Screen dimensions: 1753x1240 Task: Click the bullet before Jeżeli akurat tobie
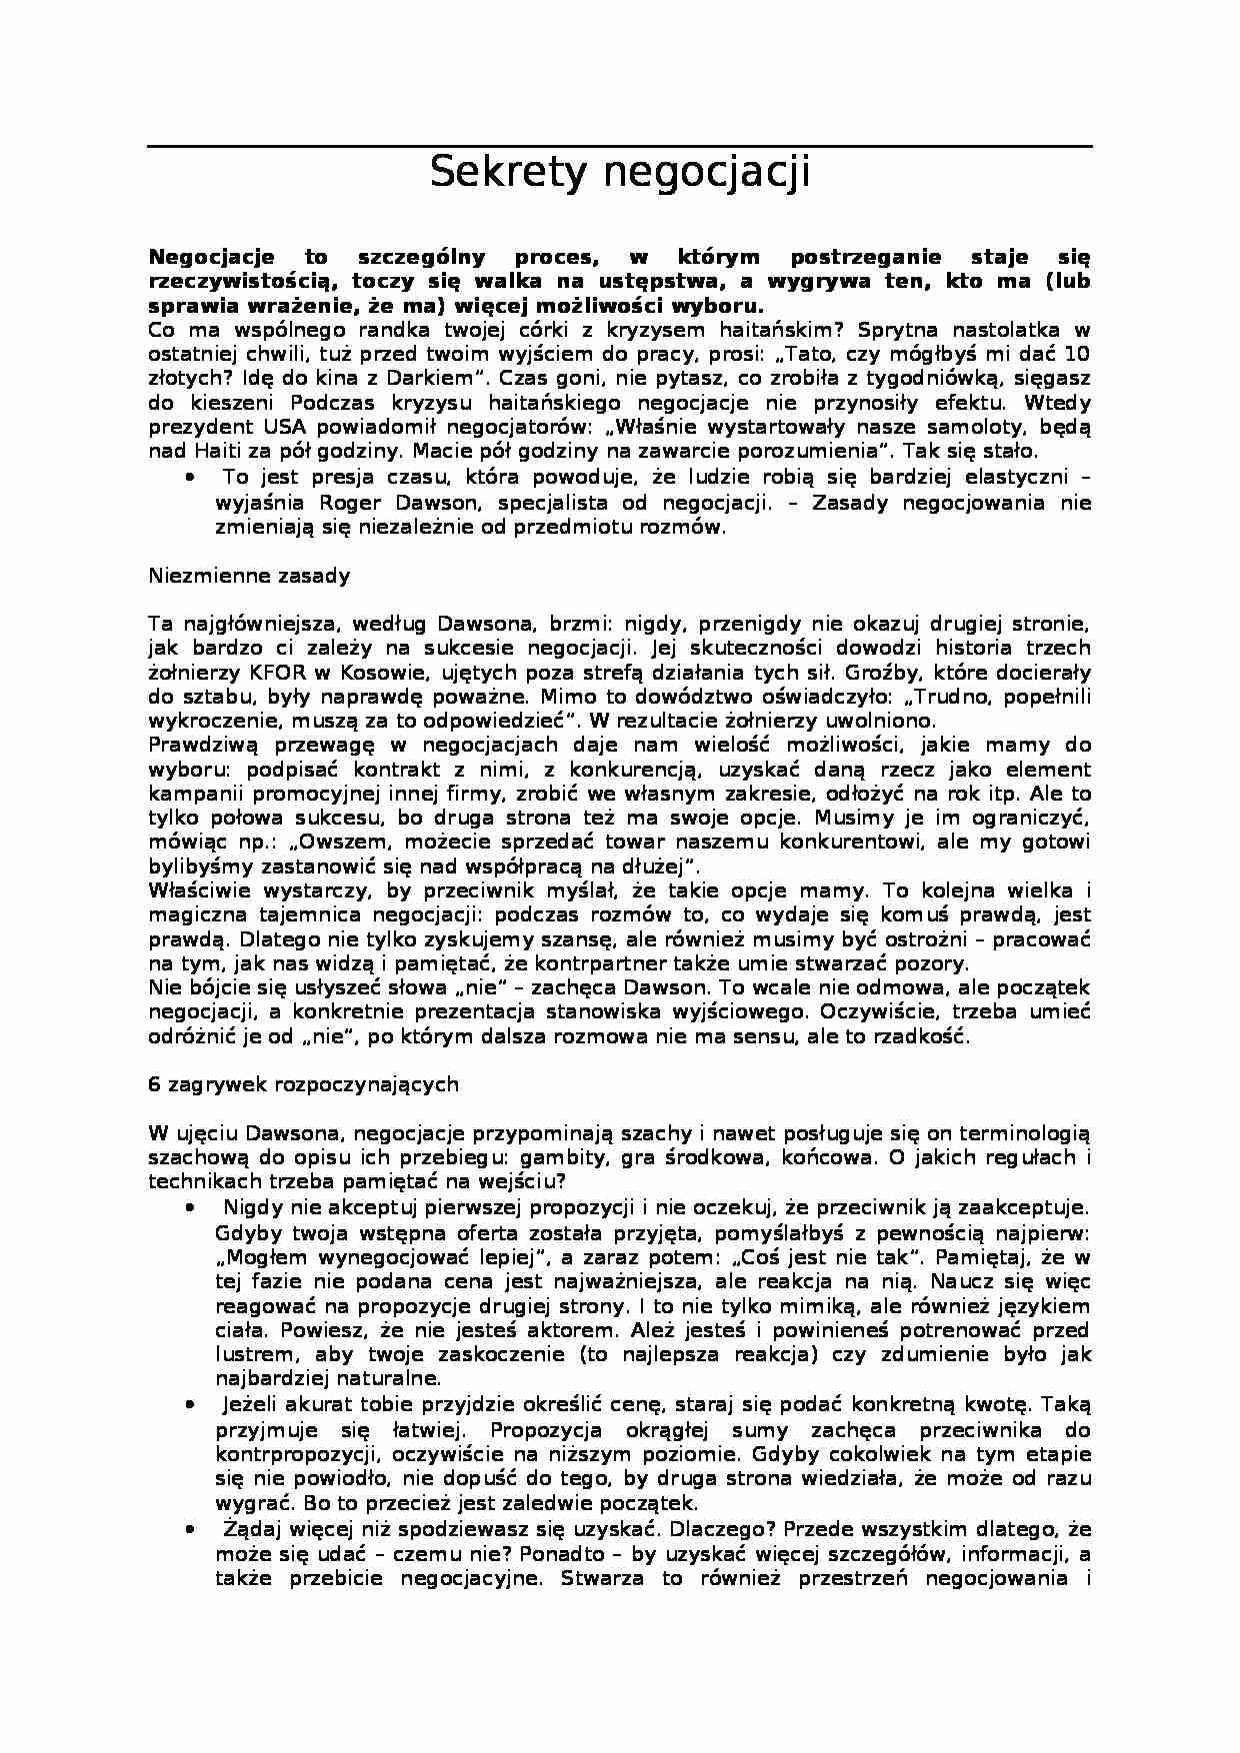pyautogui.click(x=190, y=1403)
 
